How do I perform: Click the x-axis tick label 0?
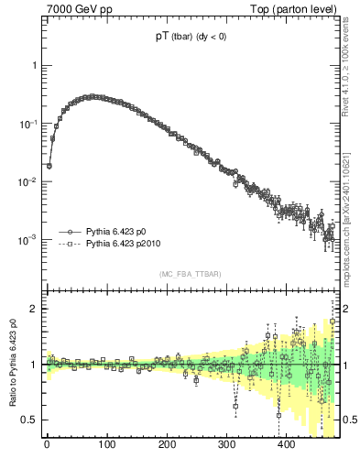pyautogui.click(x=47, y=446)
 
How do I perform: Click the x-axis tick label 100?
pyautogui.click(x=106, y=446)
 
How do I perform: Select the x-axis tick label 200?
pyautogui.click(x=167, y=446)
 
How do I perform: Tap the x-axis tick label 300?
pyautogui.click(x=226, y=446)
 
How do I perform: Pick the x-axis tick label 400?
pyautogui.click(x=286, y=446)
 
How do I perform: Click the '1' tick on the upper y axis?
pyautogui.click(x=34, y=66)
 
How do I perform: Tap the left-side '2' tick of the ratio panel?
pyautogui.click(x=34, y=309)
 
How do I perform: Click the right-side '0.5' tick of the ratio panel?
pyautogui.click(x=348, y=420)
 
